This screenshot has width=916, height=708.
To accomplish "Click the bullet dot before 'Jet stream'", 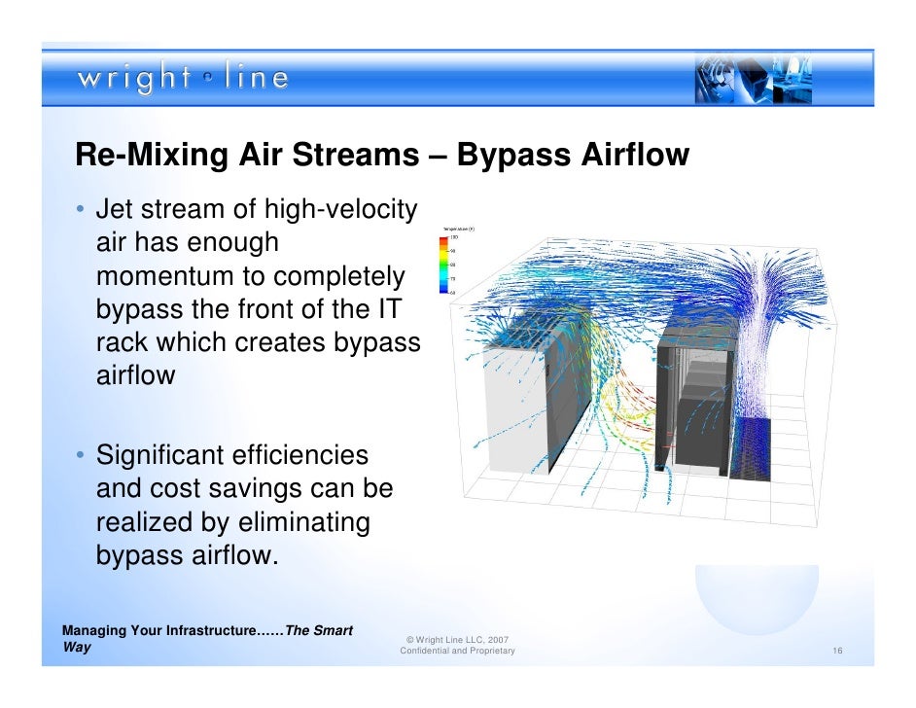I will click(81, 211).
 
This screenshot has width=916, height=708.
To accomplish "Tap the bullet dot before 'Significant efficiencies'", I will click(81, 456).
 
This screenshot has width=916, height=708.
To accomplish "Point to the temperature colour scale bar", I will click(443, 263).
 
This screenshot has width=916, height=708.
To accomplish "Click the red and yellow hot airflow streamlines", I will click(622, 413).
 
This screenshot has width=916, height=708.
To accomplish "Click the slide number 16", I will click(836, 651).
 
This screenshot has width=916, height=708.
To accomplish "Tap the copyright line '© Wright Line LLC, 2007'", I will click(457, 639).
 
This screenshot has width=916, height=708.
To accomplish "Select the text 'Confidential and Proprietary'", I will click(457, 651).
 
